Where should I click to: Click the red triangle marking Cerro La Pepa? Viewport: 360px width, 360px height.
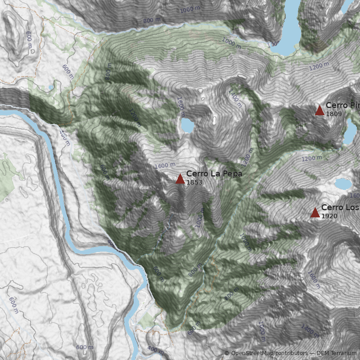click(x=180, y=179)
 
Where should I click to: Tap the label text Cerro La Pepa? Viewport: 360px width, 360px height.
click(x=214, y=174)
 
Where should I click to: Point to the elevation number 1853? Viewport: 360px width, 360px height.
click(x=194, y=182)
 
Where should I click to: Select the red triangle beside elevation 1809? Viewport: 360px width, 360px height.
click(x=319, y=110)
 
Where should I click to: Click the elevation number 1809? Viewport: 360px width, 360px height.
click(x=334, y=114)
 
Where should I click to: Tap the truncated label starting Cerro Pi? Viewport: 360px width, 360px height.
click(x=342, y=105)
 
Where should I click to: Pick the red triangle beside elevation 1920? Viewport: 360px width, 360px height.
click(x=315, y=212)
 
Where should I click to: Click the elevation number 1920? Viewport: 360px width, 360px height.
click(x=329, y=216)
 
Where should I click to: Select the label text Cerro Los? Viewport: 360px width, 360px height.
click(x=340, y=207)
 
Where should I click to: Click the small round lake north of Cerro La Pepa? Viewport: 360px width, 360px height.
click(x=187, y=126)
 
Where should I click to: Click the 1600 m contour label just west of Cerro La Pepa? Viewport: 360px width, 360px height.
click(x=164, y=166)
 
